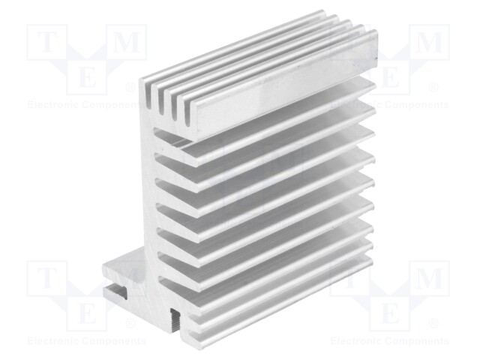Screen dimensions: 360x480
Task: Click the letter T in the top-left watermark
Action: click(46, 43)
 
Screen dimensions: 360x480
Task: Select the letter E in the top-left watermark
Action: click(88, 78)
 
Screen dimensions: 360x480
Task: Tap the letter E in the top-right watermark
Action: click(390, 78)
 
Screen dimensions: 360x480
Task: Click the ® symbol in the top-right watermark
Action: click(434, 88)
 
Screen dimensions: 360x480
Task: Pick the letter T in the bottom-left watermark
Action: click(46, 280)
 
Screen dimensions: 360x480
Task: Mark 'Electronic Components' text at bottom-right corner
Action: click(390, 341)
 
